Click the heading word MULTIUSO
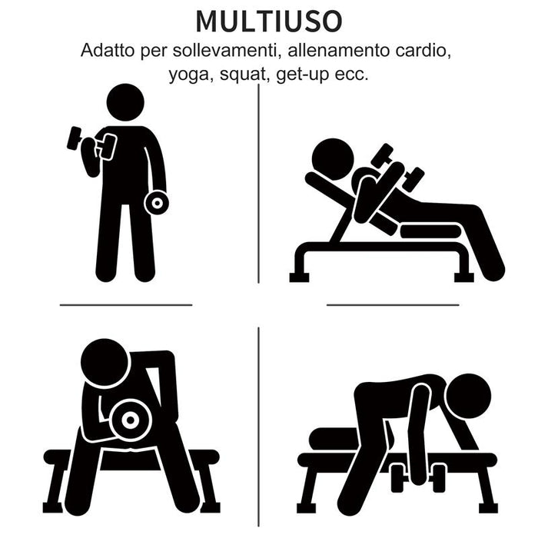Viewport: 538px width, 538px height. pos(267,22)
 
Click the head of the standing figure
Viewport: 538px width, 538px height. pos(125,102)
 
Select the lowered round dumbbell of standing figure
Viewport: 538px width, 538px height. pos(156,202)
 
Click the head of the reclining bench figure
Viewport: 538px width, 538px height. pos(333,159)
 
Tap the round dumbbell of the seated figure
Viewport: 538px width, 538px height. pos(130,420)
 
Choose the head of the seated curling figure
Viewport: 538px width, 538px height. pos(105,364)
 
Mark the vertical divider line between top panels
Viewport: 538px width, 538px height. pos(258,184)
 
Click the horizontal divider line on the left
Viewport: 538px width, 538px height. pos(126,305)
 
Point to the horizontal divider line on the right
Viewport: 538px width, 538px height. pos(392,305)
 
